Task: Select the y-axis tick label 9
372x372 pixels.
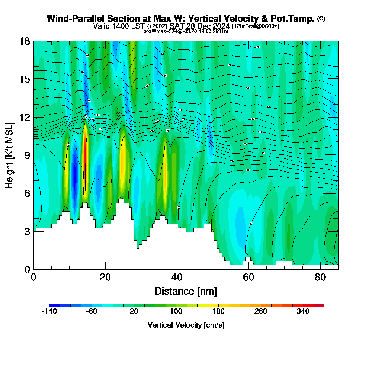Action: tap(27, 155)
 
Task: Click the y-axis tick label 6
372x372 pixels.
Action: tap(27, 193)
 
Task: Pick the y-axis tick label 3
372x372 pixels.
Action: tap(27, 231)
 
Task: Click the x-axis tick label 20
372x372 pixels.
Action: tap(105, 277)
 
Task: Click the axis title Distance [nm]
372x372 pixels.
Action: tap(186, 291)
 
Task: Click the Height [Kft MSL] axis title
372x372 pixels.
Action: tap(10, 155)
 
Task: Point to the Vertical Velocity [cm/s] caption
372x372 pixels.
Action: tap(186, 325)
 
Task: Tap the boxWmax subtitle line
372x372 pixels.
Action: tap(186, 31)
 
